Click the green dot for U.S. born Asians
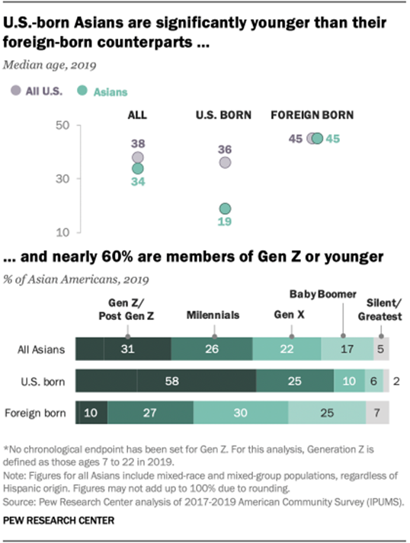[x=225, y=209]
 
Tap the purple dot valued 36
[x=225, y=162]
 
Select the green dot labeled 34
[x=138, y=168]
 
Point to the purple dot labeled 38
[x=138, y=158]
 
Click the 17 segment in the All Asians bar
[x=346, y=349]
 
